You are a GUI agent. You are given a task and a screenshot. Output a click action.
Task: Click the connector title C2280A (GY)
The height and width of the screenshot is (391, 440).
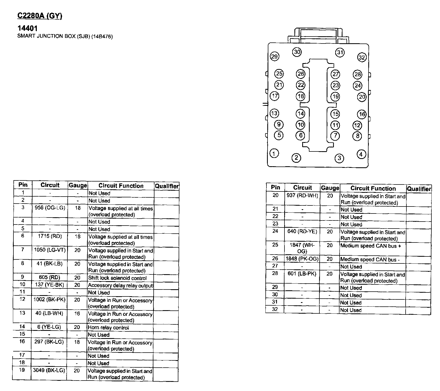[40, 16]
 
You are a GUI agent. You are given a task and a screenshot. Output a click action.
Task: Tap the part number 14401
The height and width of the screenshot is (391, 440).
[27, 28]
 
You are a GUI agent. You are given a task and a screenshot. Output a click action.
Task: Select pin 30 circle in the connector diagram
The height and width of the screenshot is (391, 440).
[297, 52]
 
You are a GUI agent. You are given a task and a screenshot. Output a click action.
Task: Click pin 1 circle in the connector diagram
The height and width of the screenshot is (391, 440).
[274, 154]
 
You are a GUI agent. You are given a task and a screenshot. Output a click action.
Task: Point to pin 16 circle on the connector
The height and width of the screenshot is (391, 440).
[362, 114]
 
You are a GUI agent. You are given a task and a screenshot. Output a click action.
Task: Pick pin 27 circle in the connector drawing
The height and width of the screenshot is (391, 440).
[335, 74]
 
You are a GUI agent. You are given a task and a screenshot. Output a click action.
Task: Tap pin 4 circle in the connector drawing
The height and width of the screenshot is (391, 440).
[361, 154]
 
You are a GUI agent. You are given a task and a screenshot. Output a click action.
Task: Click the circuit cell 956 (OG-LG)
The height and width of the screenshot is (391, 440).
[50, 208]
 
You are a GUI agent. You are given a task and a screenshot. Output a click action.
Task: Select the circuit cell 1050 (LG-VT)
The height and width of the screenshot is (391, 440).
[50, 250]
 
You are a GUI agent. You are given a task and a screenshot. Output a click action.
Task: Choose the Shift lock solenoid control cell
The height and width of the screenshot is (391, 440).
[117, 278]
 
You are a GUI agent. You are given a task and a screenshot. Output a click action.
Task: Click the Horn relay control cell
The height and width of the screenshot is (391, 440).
[108, 328]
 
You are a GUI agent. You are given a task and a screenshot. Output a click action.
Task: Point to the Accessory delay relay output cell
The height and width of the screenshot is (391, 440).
[120, 285]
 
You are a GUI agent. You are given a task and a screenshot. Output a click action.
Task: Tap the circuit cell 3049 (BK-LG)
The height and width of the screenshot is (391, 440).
[49, 370]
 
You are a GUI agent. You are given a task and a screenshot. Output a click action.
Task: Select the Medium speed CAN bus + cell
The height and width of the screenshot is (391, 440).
[371, 246]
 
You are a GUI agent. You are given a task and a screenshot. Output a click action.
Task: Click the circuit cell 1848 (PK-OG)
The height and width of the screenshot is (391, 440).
[302, 259]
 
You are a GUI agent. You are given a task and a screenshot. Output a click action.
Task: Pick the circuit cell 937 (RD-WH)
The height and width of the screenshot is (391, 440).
[302, 195]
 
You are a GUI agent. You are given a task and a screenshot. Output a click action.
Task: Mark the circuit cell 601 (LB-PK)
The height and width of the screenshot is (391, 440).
[302, 274]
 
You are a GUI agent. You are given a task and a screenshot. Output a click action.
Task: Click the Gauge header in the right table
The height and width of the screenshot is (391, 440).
[330, 188]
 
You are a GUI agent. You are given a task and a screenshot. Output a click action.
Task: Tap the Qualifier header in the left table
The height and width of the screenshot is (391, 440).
[167, 186]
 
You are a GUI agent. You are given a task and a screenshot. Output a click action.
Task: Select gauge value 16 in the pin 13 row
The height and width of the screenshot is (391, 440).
[77, 313]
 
